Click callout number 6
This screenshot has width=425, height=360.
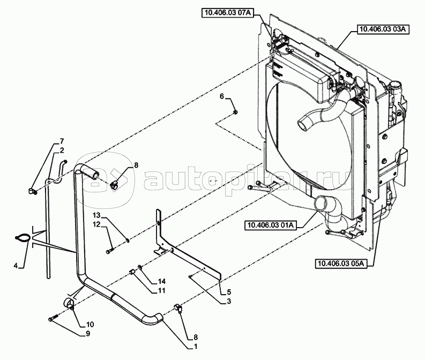(x=221, y=96)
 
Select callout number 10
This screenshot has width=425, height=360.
(x=90, y=324)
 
